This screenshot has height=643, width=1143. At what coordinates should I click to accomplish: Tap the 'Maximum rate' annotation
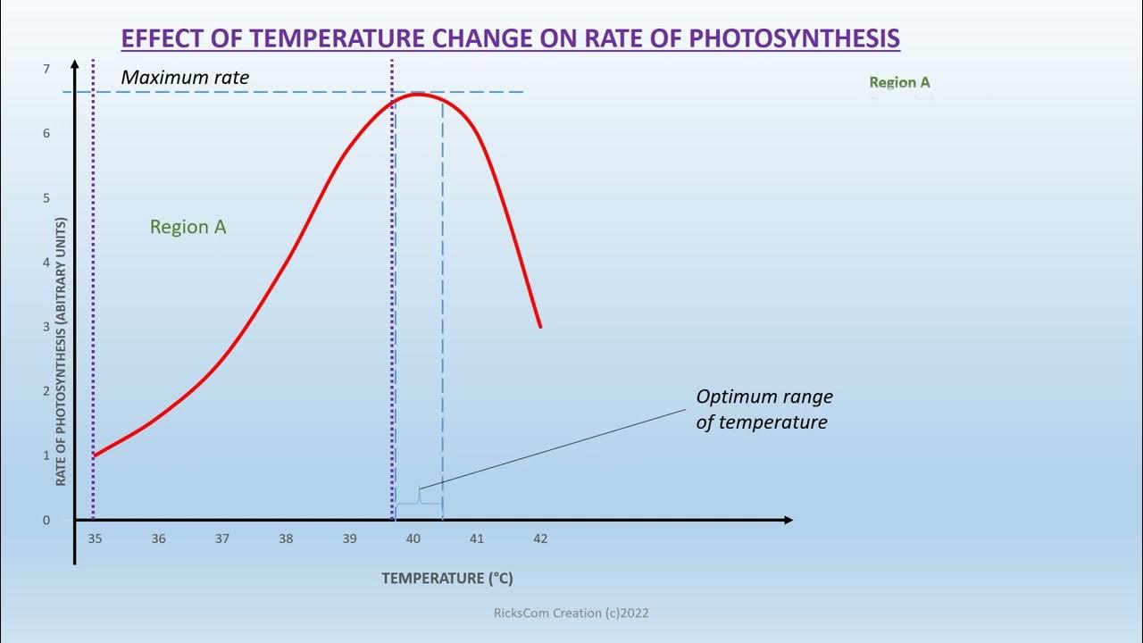click(185, 78)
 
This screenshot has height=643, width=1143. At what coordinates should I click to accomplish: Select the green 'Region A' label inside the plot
click(188, 227)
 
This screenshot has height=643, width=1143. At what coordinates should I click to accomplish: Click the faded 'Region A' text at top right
click(899, 82)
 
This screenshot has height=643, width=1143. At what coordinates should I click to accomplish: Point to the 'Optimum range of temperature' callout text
click(763, 409)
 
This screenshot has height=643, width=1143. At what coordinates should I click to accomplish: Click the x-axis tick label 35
click(95, 539)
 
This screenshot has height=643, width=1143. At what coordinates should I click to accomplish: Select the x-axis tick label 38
click(286, 539)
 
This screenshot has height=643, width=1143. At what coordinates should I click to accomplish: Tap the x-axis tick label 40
click(413, 539)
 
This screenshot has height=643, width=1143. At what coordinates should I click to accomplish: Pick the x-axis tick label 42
click(540, 539)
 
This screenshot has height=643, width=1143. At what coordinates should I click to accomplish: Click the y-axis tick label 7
click(46, 69)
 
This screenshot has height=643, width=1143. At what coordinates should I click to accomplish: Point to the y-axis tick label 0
click(46, 520)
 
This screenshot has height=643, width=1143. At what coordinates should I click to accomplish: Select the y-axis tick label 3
click(46, 327)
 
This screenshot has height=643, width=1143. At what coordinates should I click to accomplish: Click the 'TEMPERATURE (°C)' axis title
click(447, 578)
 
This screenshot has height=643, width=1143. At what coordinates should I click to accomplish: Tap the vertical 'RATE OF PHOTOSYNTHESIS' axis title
click(62, 352)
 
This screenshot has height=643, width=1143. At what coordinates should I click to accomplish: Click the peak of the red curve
click(417, 94)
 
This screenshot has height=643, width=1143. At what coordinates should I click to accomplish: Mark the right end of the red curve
click(540, 326)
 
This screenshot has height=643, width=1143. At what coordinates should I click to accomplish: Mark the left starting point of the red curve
click(95, 455)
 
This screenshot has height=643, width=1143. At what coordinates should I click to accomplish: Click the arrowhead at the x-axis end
click(788, 520)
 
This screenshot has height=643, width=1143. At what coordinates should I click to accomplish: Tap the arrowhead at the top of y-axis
click(75, 63)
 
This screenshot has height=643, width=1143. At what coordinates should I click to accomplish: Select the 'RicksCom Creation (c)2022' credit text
click(571, 613)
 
